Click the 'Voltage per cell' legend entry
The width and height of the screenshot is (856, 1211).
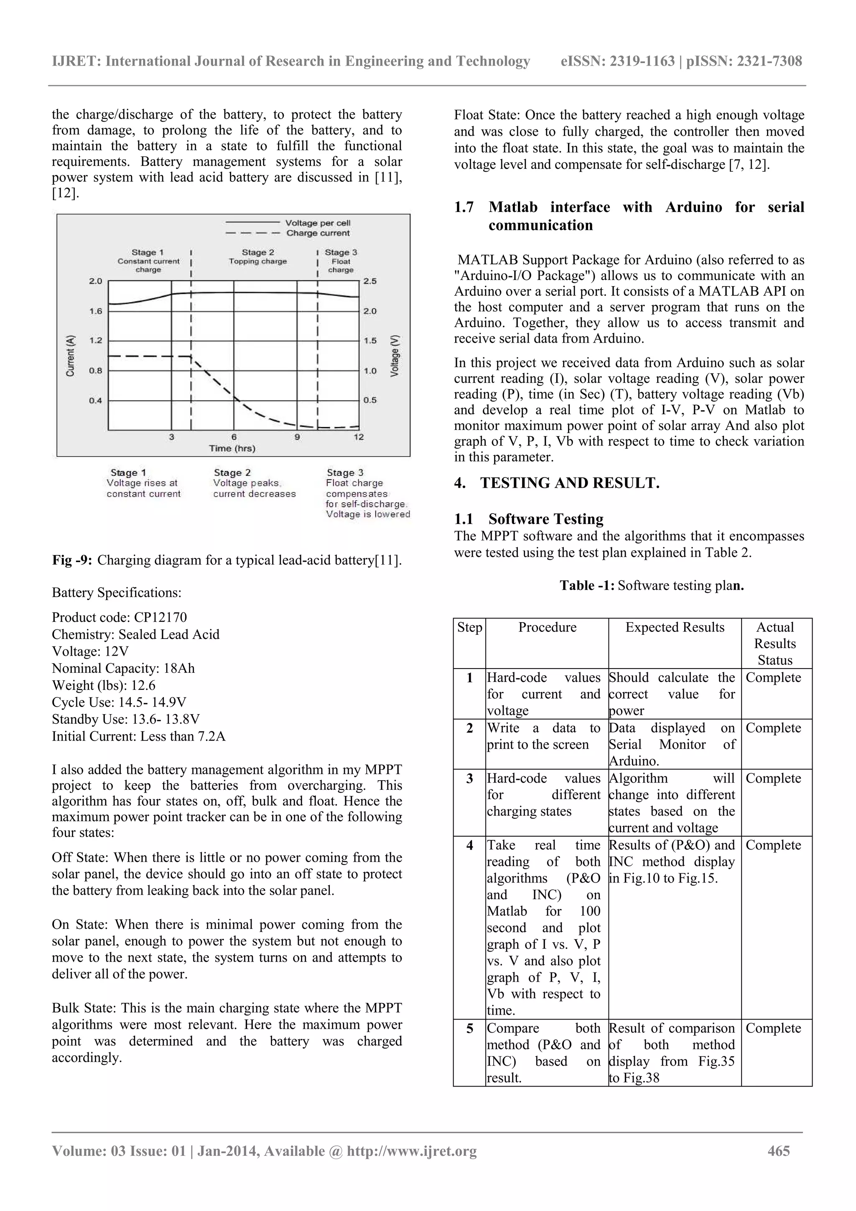(x=318, y=223)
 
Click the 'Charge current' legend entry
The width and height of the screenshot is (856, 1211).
(x=318, y=233)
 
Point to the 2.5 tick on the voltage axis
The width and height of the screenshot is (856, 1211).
(x=370, y=281)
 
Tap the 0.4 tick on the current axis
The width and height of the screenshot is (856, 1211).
(x=95, y=400)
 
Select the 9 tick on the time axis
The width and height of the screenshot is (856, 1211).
(x=297, y=437)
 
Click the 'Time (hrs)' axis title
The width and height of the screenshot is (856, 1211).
(x=232, y=448)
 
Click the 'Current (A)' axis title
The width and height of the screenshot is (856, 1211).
(x=71, y=356)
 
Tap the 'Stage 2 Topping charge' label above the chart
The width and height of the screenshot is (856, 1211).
(x=258, y=257)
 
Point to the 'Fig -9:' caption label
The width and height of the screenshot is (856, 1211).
(x=72, y=560)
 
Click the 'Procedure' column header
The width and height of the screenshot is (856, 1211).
(x=547, y=627)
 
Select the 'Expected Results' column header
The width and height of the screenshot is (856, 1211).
(x=675, y=627)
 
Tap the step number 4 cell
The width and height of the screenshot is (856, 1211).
(x=469, y=845)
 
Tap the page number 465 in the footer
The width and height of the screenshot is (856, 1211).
(x=779, y=1151)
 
